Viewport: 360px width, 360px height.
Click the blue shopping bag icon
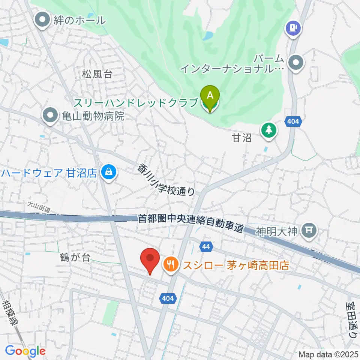[x=108, y=173]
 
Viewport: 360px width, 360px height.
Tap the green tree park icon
[x=269, y=130]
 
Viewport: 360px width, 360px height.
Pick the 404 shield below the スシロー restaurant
[x=168, y=298]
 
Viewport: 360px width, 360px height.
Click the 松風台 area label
[x=97, y=73]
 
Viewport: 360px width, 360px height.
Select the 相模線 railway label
[x=12, y=312]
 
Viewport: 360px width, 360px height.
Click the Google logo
[x=25, y=351]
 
